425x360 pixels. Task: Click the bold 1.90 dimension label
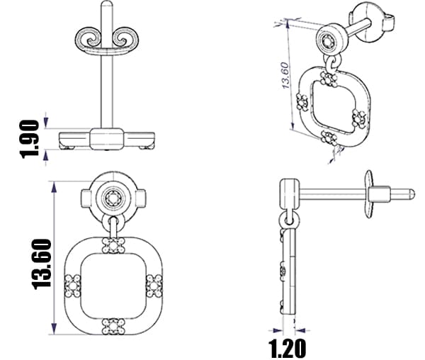(30, 139)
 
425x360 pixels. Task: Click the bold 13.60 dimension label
(42, 264)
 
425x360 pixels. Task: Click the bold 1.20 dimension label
(288, 349)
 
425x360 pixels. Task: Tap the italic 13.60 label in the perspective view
(285, 76)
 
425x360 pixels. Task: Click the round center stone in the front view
(113, 198)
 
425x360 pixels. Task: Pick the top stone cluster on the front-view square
(113, 245)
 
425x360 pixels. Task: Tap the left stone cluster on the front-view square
(73, 286)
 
